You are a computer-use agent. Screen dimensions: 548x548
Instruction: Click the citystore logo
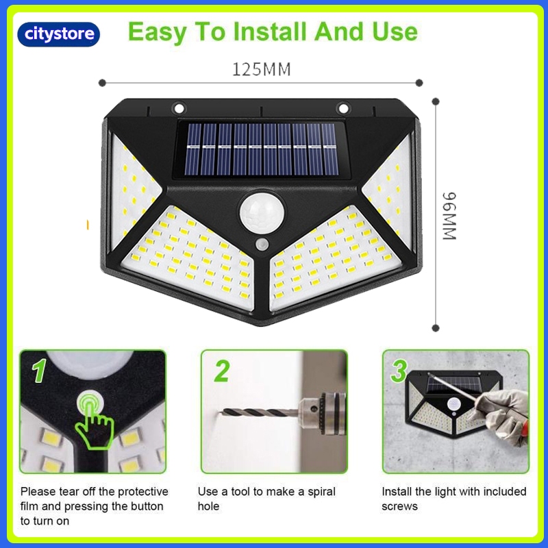point(59,34)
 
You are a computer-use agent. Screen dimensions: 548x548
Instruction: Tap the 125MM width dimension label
point(262,69)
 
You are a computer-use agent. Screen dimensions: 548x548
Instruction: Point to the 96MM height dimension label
point(449,216)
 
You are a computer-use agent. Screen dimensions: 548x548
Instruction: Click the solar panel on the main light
point(262,149)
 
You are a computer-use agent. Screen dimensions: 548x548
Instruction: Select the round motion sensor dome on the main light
point(262,212)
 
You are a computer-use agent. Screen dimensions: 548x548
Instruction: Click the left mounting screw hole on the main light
point(179,108)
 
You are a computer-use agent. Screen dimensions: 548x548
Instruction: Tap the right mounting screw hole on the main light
point(343,108)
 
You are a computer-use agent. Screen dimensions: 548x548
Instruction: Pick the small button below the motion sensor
point(262,245)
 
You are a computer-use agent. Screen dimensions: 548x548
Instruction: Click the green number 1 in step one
point(39,371)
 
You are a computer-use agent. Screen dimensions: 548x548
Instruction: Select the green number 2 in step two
point(222,371)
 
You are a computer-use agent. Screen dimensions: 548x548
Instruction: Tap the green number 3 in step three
point(399,371)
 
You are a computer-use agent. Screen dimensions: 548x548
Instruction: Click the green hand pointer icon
point(94,421)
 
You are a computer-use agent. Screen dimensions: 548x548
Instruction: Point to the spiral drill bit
point(260,412)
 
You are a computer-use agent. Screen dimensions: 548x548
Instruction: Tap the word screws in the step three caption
point(399,506)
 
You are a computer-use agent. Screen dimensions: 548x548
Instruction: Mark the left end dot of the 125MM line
point(102,83)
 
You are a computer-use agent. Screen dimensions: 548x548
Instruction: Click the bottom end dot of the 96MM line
point(436,328)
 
